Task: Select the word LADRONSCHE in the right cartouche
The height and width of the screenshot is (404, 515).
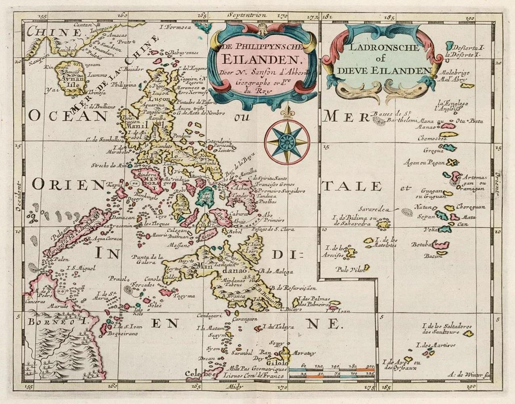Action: [379, 48]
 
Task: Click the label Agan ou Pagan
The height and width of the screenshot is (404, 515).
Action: [424, 163]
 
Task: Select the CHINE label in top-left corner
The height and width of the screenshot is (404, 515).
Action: [42, 31]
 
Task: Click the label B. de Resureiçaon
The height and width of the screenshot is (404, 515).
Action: [293, 288]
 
